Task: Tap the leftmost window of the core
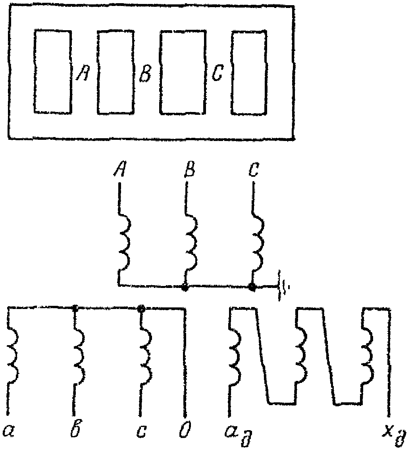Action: click(x=53, y=71)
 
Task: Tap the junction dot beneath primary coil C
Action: click(x=252, y=287)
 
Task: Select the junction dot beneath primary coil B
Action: click(x=184, y=287)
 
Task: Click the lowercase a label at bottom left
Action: click(x=8, y=430)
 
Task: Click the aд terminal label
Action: click(x=237, y=432)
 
